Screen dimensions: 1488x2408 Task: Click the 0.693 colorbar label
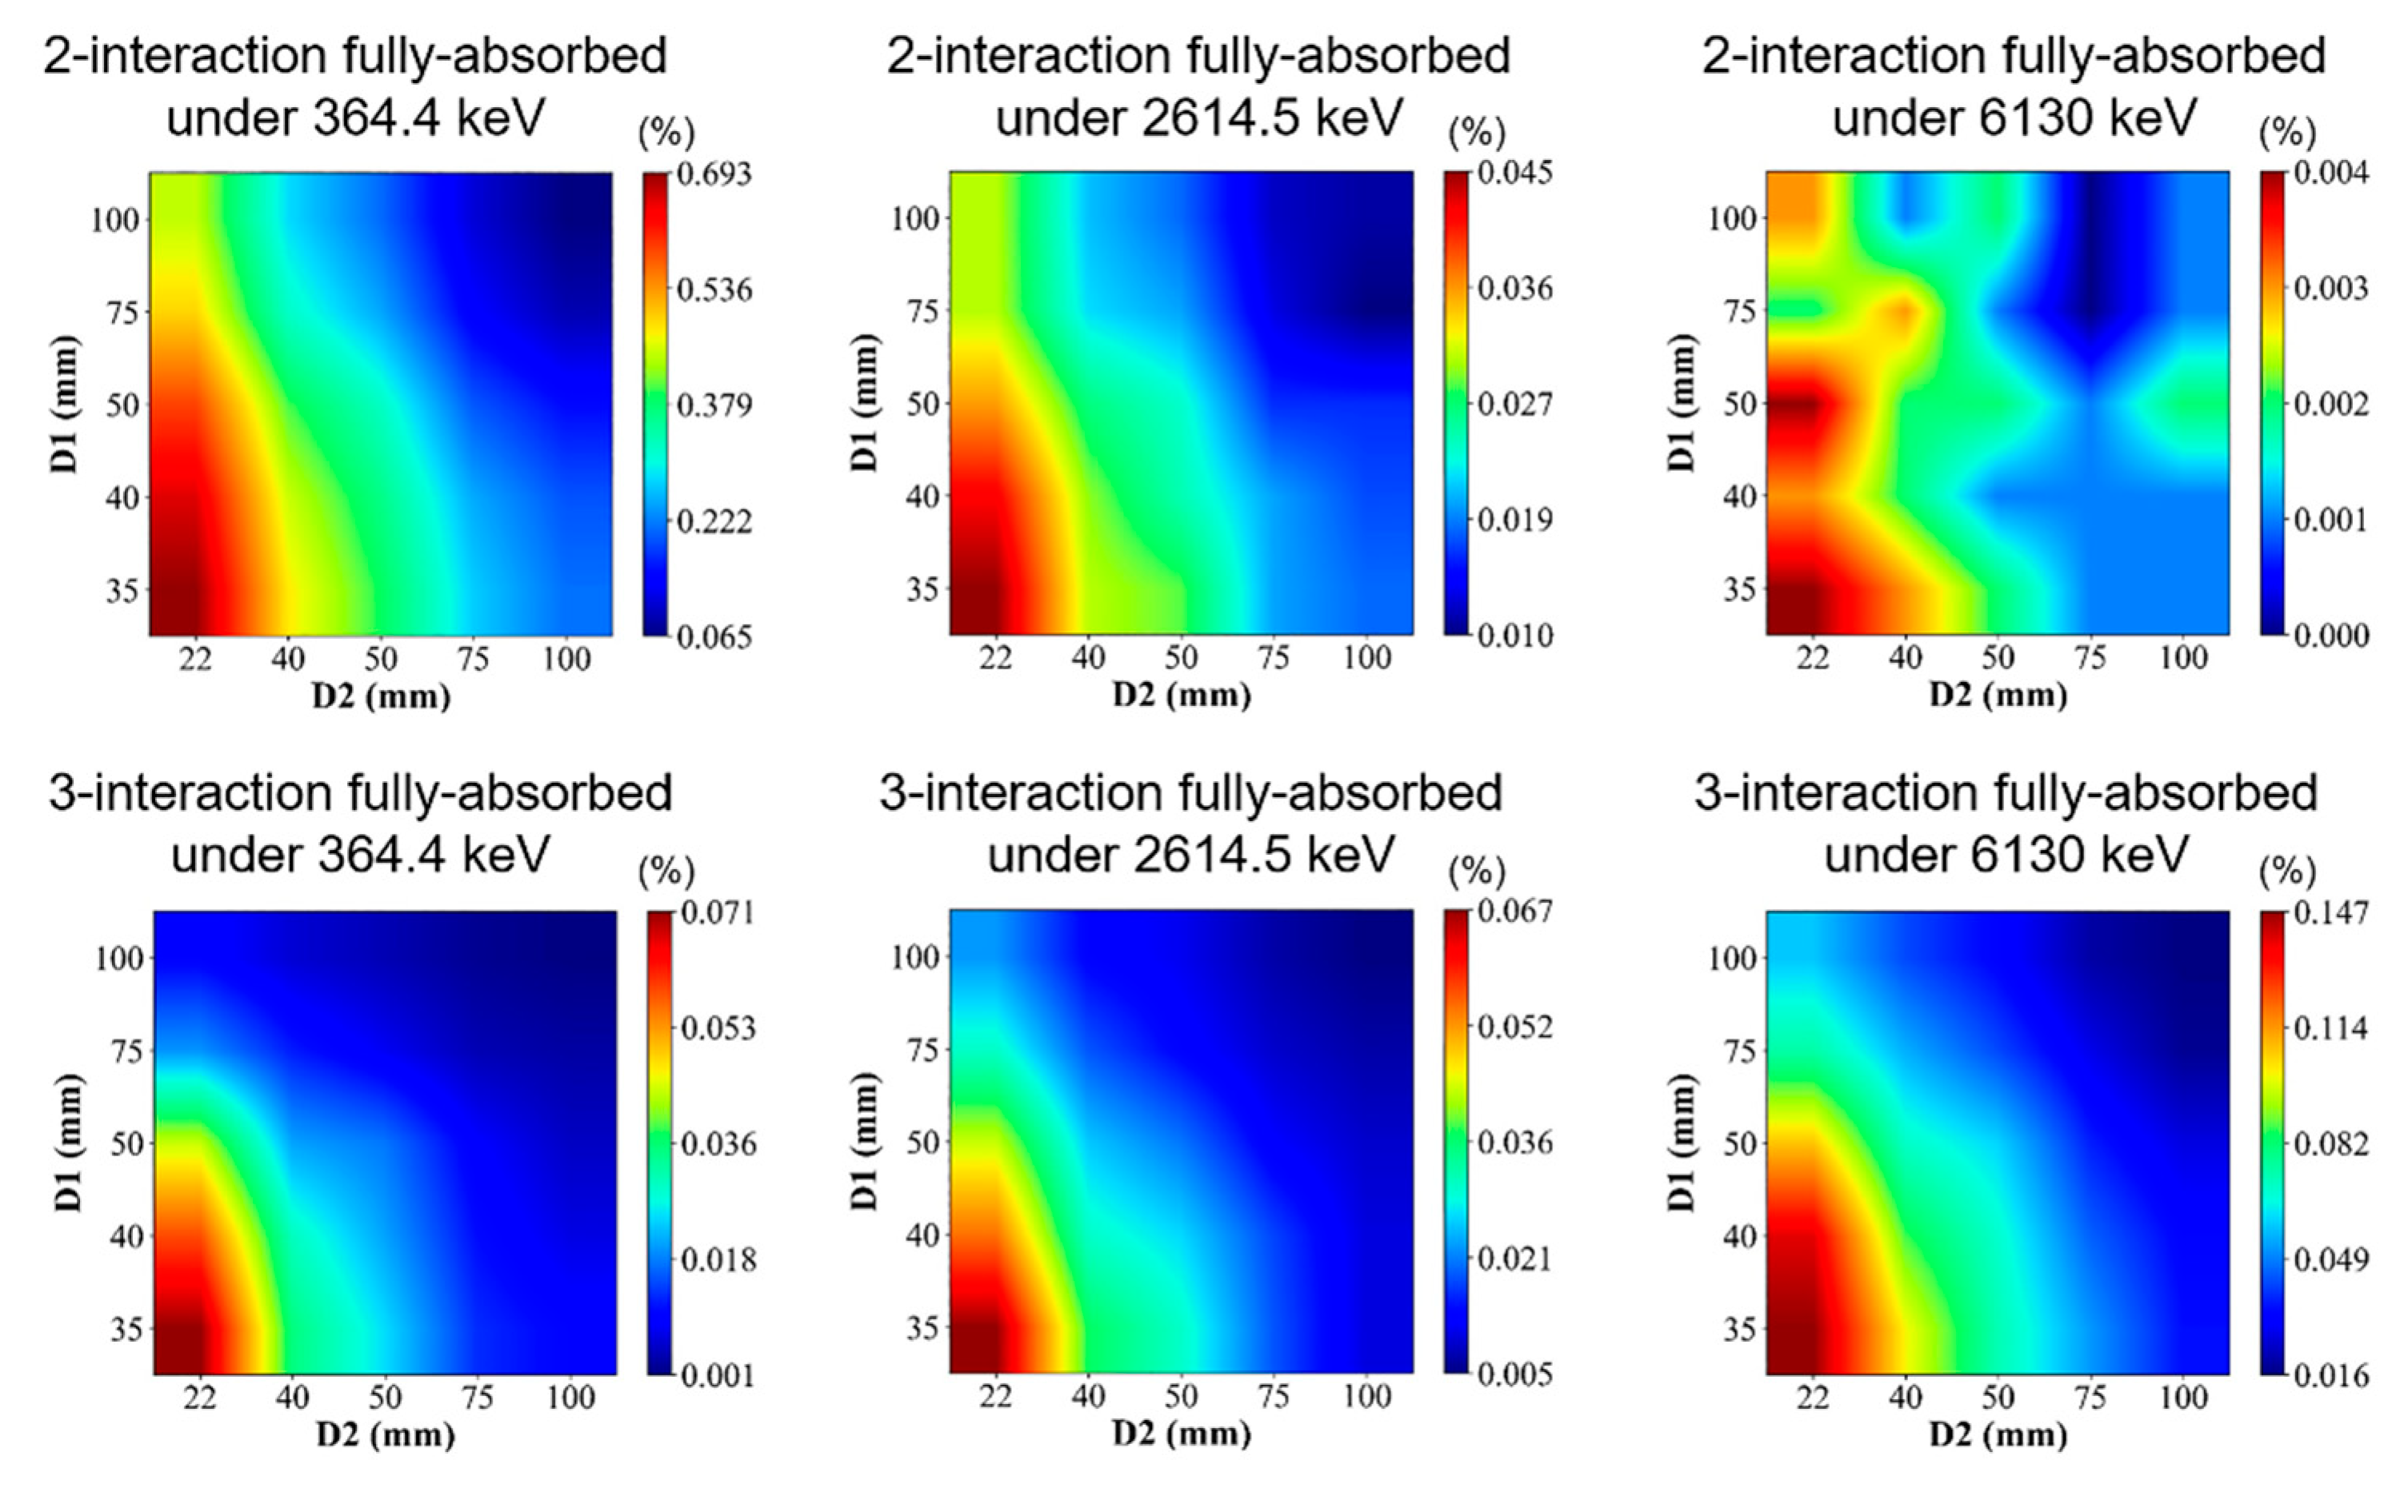pyautogui.click(x=713, y=174)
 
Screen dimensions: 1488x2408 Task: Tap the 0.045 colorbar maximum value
pyautogui.click(x=1514, y=174)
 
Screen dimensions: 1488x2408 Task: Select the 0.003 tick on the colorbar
pyautogui.click(x=2330, y=289)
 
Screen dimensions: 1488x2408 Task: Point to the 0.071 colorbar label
pyautogui.click(x=718, y=912)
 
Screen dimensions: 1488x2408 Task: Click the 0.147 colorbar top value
pyautogui.click(x=2330, y=912)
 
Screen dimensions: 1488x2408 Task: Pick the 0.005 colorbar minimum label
pyautogui.click(x=1514, y=1374)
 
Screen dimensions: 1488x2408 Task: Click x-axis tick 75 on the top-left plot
pyautogui.click(x=474, y=657)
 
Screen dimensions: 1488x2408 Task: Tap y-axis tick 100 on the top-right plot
pyautogui.click(x=1732, y=218)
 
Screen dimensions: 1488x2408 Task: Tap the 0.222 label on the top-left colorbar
pyautogui.click(x=713, y=521)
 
